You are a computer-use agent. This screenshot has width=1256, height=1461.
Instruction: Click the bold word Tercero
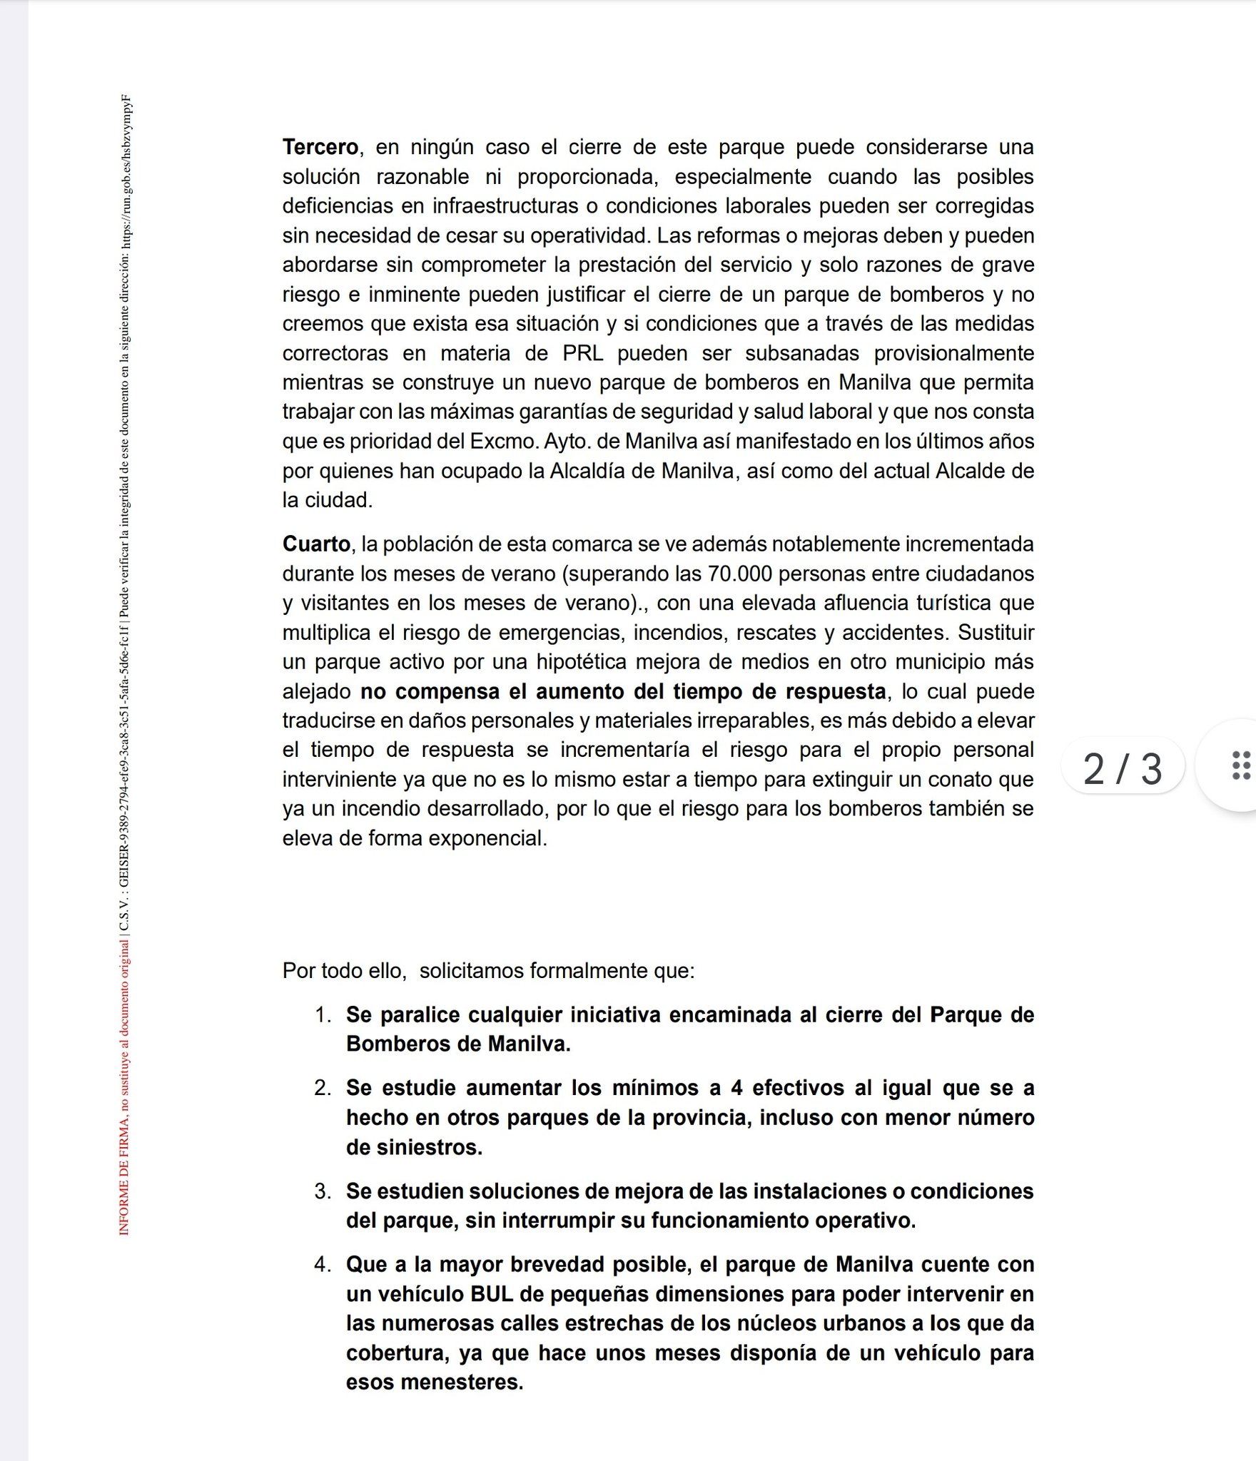tap(320, 147)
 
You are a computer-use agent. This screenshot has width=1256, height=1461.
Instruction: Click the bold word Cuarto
tap(316, 544)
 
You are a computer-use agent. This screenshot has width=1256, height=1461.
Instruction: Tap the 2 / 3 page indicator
tap(1123, 768)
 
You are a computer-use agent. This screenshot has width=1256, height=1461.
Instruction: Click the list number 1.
tap(323, 1015)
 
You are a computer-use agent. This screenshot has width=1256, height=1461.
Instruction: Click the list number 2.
tap(323, 1088)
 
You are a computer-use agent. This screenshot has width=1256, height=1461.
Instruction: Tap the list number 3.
tap(323, 1191)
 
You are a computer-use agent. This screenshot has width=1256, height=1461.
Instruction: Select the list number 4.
tap(323, 1265)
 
